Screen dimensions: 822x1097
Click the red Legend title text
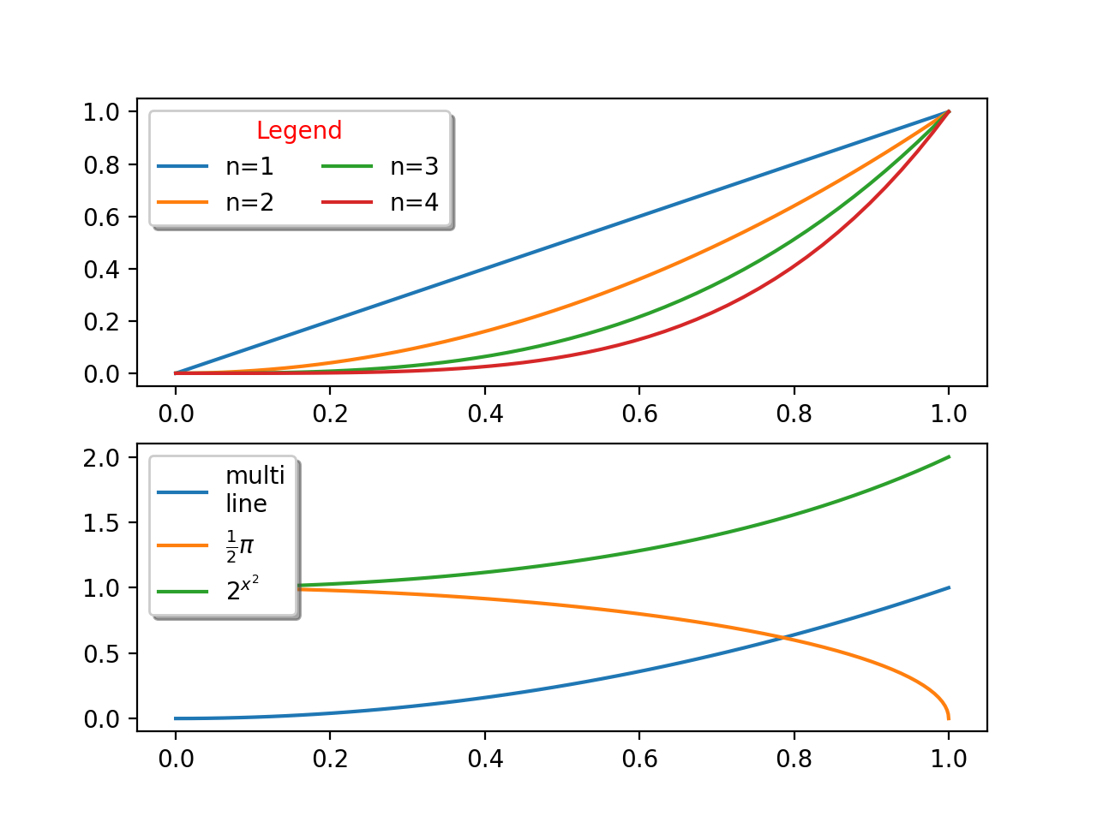299,130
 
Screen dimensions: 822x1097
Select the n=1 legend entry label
249,167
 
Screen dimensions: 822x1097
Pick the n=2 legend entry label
249,203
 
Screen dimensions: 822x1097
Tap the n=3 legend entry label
414,167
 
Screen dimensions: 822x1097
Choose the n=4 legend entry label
414,203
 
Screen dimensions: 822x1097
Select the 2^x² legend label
243,589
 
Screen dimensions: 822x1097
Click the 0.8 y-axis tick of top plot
102,164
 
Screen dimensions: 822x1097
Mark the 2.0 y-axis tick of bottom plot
102,457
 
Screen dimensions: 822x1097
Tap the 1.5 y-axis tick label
102,523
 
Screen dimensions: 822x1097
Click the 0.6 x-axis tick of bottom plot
639,759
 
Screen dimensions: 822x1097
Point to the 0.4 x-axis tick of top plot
485,414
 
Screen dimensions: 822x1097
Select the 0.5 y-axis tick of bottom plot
102,654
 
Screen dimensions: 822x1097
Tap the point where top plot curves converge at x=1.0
949,111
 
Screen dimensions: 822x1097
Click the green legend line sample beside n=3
347,167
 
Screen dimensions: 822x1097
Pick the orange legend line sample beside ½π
183,545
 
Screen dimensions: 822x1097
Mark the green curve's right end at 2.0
949,457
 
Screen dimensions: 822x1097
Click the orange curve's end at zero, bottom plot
949,718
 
